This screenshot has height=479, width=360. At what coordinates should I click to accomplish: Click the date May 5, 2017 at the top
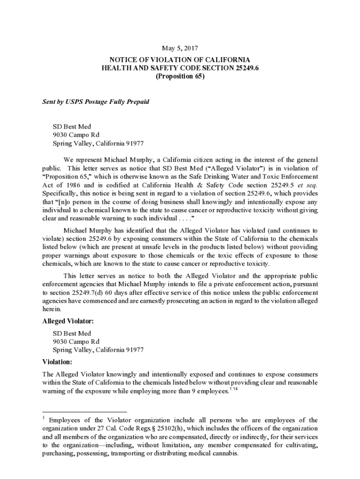180,48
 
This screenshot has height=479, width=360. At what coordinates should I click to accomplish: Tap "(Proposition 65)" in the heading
180,77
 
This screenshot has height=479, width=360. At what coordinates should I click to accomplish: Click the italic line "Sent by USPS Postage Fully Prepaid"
96,102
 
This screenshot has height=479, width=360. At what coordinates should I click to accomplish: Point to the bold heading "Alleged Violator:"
68,321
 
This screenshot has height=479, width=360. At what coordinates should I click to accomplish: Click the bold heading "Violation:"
58,362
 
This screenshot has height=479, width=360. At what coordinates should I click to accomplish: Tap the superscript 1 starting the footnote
43,417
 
